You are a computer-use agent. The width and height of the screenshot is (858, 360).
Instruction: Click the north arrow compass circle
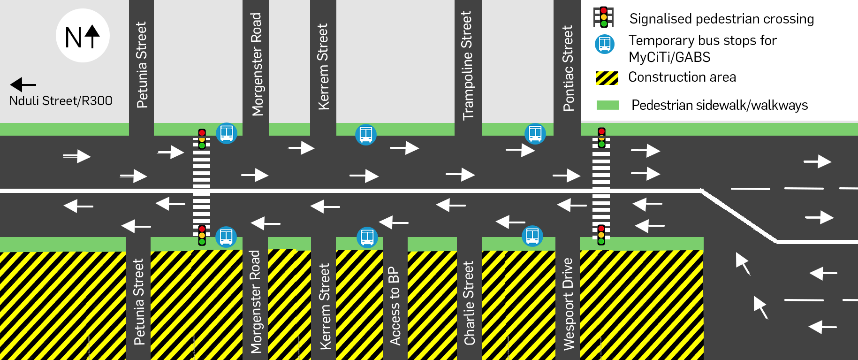(x=83, y=36)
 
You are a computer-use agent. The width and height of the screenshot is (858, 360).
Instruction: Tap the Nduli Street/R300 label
(x=61, y=100)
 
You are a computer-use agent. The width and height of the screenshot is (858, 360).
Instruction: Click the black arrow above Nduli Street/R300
(x=23, y=84)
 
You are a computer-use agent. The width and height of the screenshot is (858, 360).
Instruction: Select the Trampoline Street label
(x=467, y=66)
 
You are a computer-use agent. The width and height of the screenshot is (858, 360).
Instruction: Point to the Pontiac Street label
(x=568, y=69)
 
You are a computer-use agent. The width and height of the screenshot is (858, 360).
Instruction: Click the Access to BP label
(x=395, y=306)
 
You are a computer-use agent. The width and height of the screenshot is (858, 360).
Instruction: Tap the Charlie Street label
(x=469, y=303)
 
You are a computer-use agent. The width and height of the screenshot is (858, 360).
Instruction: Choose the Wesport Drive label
(x=568, y=304)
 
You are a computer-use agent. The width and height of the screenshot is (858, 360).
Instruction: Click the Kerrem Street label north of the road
(x=323, y=67)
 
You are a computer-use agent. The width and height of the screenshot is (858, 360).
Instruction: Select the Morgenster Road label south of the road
(x=256, y=302)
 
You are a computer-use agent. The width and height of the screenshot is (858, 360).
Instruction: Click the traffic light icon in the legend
(x=603, y=17)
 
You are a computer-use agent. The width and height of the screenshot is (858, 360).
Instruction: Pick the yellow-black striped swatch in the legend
(x=607, y=78)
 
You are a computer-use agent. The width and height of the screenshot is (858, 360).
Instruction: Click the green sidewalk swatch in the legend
(x=607, y=105)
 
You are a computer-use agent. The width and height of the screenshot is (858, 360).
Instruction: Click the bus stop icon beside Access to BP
(x=367, y=237)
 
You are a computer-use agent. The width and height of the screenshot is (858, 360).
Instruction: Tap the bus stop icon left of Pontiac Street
(x=535, y=134)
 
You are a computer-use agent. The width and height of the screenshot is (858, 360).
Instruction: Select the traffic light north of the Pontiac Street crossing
(x=601, y=138)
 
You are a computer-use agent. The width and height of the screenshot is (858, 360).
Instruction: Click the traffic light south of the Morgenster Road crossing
(x=202, y=235)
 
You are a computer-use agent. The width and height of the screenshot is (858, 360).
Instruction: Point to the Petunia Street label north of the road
(x=141, y=65)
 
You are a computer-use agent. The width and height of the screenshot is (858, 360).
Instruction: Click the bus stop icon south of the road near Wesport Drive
(x=532, y=236)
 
